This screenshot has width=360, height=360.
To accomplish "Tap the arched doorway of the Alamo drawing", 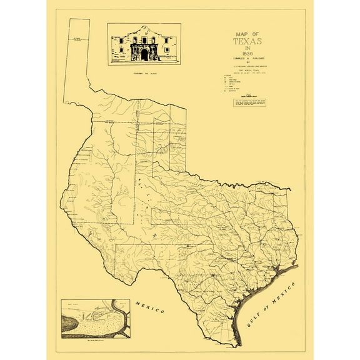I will coord(144,55).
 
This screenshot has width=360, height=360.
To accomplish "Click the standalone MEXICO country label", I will coord(149,307).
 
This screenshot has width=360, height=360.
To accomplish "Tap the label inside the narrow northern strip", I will coord(77,39).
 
